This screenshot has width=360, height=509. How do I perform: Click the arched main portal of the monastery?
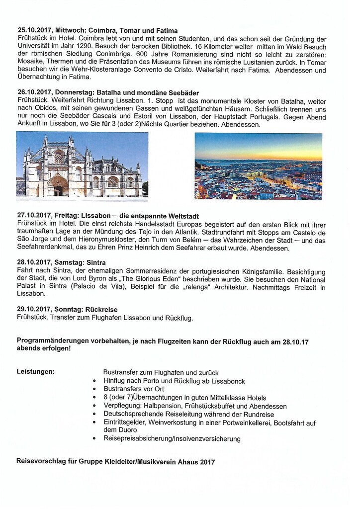(59, 186)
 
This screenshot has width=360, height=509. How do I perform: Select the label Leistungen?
(35, 371)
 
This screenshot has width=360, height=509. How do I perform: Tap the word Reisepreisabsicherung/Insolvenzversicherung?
(172, 439)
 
